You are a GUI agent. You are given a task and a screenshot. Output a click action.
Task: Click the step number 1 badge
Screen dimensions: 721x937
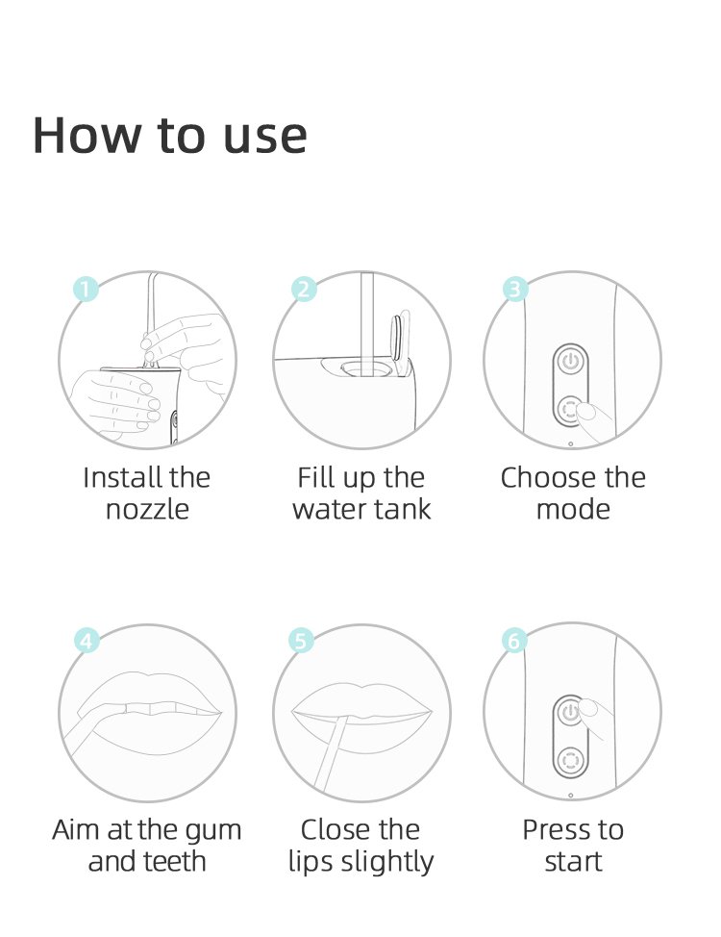[86, 290]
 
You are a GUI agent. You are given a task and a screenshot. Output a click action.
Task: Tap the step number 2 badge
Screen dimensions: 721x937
[304, 290]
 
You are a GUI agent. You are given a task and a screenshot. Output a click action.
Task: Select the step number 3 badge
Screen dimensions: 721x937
[515, 290]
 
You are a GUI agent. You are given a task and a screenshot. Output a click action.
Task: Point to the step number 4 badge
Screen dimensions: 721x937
[87, 641]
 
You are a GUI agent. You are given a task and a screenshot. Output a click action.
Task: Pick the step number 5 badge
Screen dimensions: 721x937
[301, 641]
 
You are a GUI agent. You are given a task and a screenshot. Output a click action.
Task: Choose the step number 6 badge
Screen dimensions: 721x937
[513, 641]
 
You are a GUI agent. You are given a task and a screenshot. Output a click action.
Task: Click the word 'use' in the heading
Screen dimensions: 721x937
[265, 138]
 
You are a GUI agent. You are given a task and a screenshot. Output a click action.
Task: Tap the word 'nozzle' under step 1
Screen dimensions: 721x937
[147, 510]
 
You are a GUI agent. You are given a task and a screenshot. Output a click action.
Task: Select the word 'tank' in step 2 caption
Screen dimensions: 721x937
[404, 509]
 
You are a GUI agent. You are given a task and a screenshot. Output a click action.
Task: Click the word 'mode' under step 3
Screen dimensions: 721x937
[573, 509]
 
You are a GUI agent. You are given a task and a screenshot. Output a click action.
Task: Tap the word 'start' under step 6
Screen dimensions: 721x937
[573, 862]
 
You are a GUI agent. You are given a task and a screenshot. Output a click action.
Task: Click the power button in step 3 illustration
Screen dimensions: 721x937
[571, 361]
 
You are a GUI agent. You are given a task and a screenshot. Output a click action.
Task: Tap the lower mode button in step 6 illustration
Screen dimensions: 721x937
[570, 760]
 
